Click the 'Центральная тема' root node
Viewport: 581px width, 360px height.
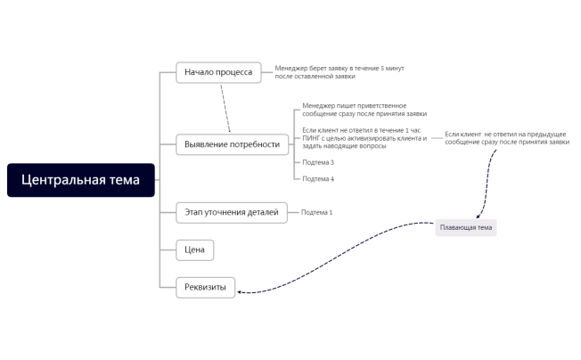point(80,180)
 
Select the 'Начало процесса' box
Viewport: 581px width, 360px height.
point(218,72)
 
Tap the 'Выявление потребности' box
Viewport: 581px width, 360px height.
point(231,143)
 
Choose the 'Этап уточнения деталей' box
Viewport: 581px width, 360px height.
point(232,212)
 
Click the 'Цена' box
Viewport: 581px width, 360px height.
point(194,250)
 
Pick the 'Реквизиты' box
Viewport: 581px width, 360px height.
point(206,287)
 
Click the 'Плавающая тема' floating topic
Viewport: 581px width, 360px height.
point(466,228)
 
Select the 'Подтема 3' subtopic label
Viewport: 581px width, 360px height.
point(318,162)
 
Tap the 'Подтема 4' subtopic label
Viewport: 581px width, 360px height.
point(318,179)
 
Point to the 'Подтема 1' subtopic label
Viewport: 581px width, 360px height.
point(316,212)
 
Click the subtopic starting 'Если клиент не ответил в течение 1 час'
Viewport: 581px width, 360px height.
point(364,138)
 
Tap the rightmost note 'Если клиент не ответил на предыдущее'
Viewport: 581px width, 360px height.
point(505,138)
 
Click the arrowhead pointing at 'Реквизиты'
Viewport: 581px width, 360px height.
point(241,290)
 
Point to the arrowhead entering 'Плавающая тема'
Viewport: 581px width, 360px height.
point(479,217)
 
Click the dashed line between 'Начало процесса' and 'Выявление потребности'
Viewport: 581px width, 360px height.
point(225,108)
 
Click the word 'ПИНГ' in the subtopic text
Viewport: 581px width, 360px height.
point(312,138)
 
